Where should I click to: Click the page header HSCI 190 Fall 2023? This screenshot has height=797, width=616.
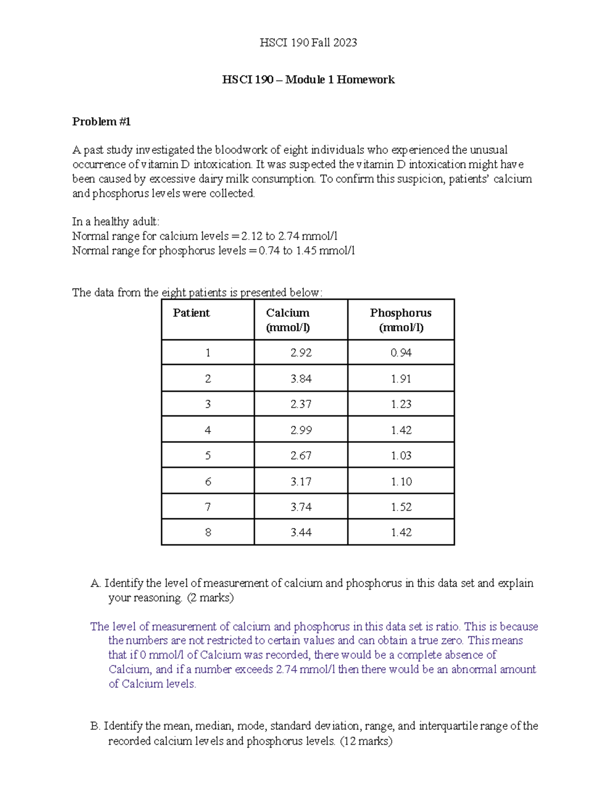pyautogui.click(x=308, y=43)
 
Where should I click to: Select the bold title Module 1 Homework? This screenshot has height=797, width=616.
pyautogui.click(x=308, y=80)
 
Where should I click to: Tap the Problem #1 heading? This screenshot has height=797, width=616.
pyautogui.click(x=102, y=122)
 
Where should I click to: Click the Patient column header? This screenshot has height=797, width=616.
pyautogui.click(x=191, y=313)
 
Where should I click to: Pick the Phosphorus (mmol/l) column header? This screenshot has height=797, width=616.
pyautogui.click(x=400, y=320)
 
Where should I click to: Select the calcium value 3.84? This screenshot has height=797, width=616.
pyautogui.click(x=301, y=379)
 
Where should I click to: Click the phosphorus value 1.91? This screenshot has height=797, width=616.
pyautogui.click(x=401, y=379)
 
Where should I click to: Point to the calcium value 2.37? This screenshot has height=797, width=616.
pyautogui.click(x=301, y=404)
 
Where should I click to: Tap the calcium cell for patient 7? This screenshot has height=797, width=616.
pyautogui.click(x=301, y=507)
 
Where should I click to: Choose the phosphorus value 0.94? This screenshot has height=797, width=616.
pyautogui.click(x=401, y=353)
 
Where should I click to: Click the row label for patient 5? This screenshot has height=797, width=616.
pyautogui.click(x=207, y=456)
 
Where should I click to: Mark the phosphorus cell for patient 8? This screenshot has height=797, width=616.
pyautogui.click(x=401, y=533)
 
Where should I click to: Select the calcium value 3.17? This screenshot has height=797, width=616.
pyautogui.click(x=301, y=481)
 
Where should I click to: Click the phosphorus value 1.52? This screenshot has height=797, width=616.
pyautogui.click(x=401, y=507)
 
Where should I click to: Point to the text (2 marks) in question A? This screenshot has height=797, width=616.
pyautogui.click(x=210, y=598)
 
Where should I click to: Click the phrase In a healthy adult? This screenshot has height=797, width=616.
pyautogui.click(x=116, y=222)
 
